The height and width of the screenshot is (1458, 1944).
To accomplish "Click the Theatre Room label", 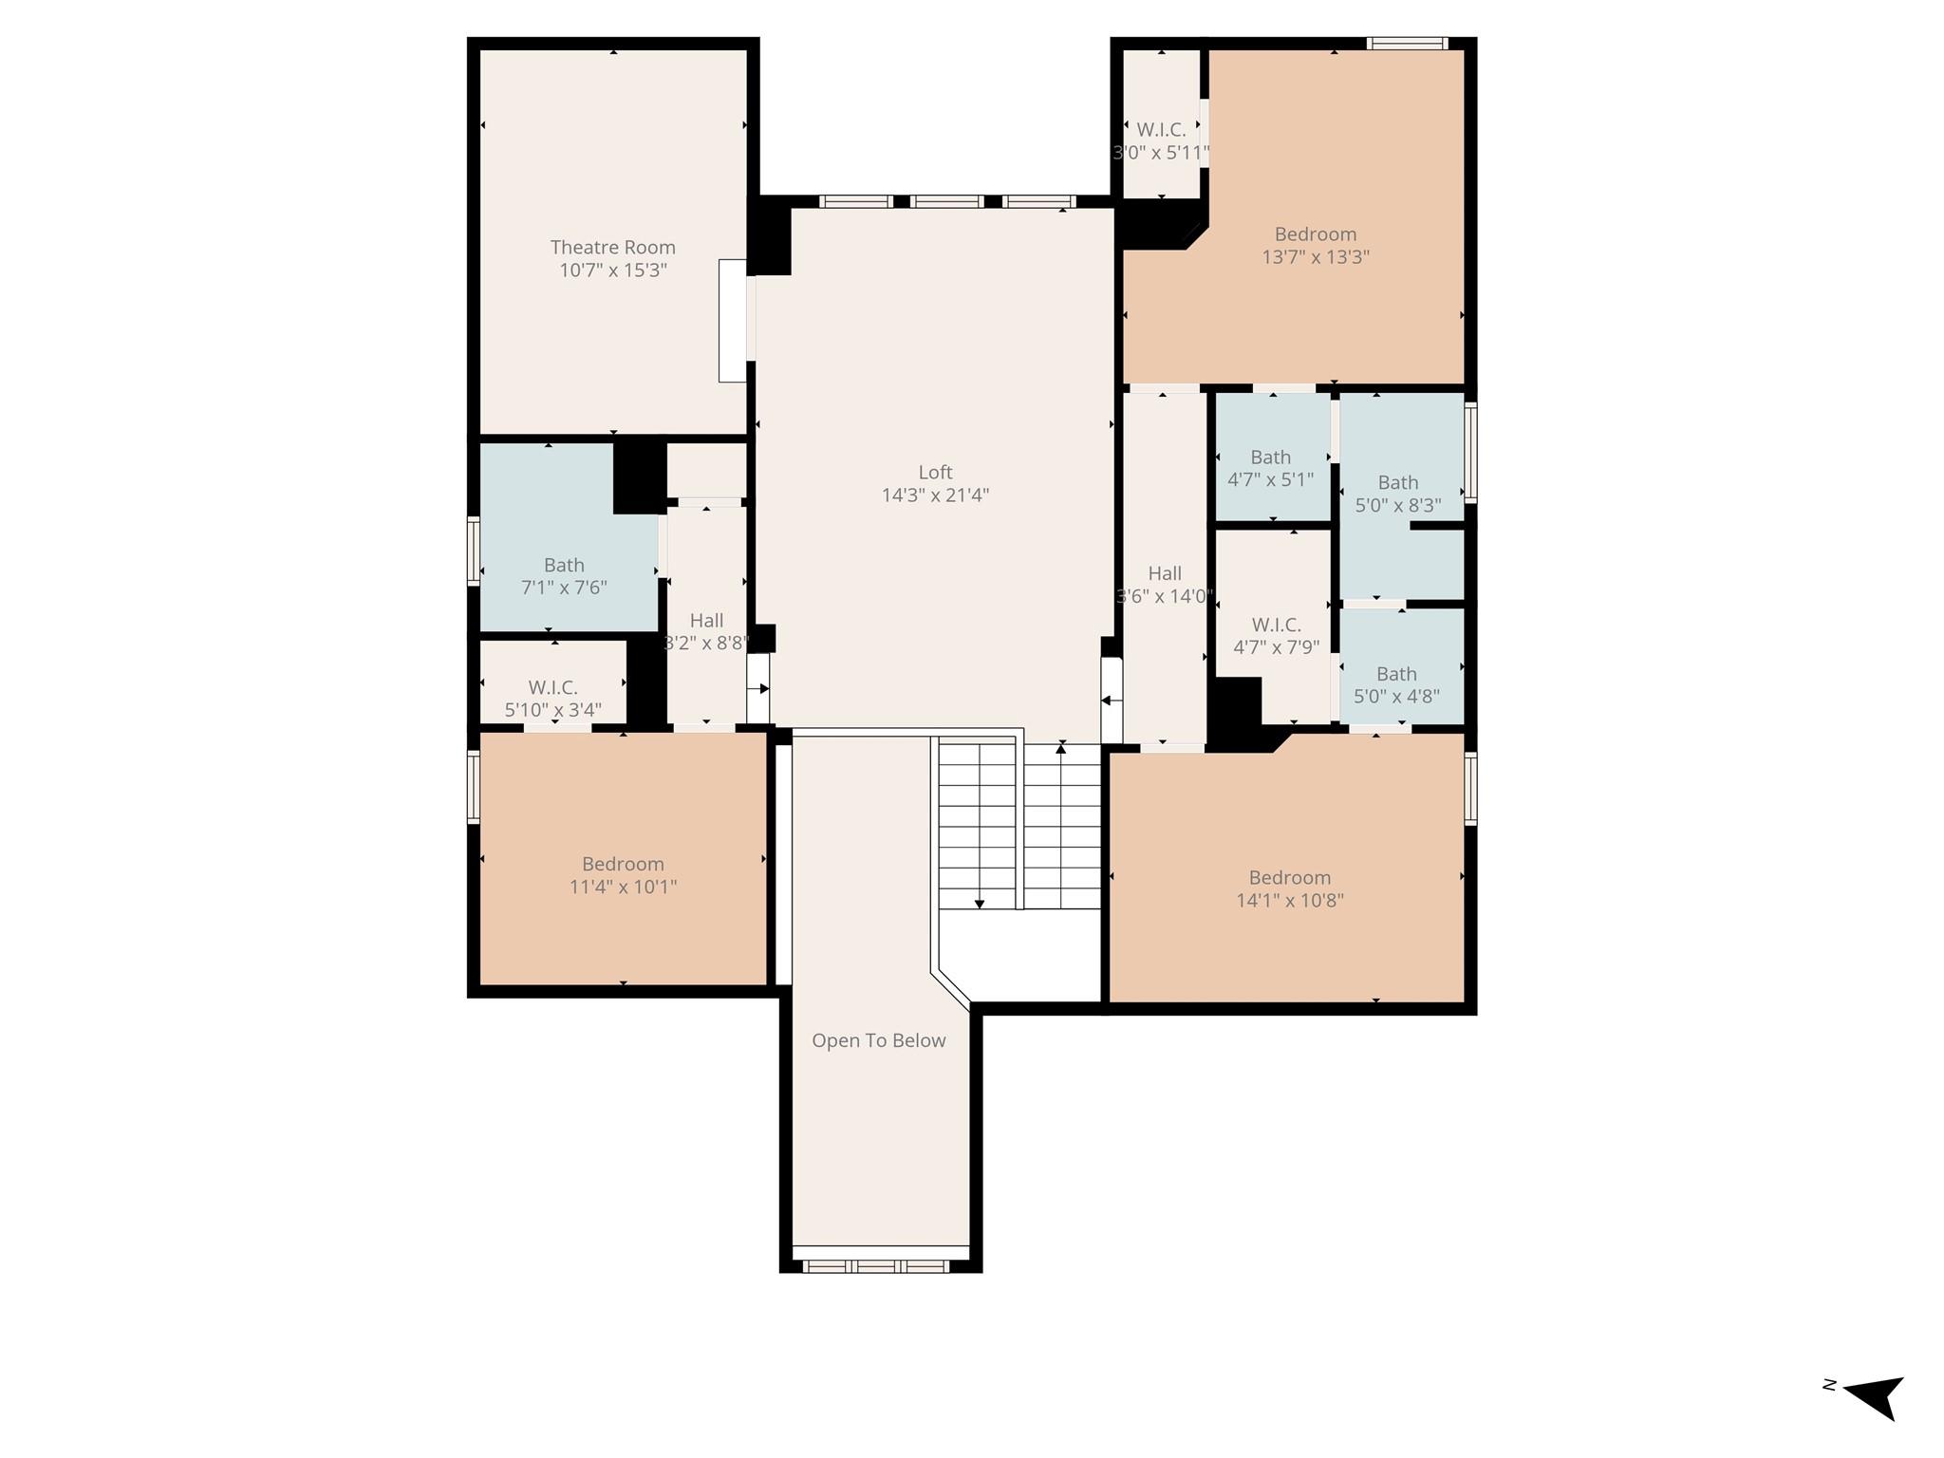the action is (613, 247).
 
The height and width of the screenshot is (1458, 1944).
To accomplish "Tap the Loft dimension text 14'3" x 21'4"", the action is (935, 495).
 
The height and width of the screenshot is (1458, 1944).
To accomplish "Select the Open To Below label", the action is (879, 1040).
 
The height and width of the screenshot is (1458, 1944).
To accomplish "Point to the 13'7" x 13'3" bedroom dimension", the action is (1316, 256).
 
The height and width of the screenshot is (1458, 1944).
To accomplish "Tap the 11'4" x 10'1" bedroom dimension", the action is (623, 887).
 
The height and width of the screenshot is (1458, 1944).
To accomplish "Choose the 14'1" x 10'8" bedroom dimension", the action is (1290, 900).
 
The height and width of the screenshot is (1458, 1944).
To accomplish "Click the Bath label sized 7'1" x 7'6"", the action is (564, 565).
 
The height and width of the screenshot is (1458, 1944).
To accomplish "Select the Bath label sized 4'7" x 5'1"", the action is (1270, 457).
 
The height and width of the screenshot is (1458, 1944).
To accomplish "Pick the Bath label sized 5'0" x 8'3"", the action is (1398, 482).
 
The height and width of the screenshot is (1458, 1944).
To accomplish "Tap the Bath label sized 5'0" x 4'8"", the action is (1396, 674).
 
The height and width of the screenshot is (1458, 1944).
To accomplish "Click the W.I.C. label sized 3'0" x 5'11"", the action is (1162, 130).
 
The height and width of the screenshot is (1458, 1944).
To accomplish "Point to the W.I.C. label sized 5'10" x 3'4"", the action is (552, 687).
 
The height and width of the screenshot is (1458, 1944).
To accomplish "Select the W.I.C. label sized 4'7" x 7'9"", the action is (1276, 625).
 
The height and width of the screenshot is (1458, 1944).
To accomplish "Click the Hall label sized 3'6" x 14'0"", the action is (1165, 573).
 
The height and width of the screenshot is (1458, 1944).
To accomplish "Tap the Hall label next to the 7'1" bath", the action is (706, 621).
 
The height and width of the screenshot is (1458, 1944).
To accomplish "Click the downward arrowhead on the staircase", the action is (980, 904).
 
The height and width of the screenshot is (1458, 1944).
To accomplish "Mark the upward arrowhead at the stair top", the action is (1061, 749).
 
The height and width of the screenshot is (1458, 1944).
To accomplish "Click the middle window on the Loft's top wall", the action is (946, 201).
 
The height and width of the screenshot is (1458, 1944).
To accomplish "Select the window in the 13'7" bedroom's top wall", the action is (1408, 43).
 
